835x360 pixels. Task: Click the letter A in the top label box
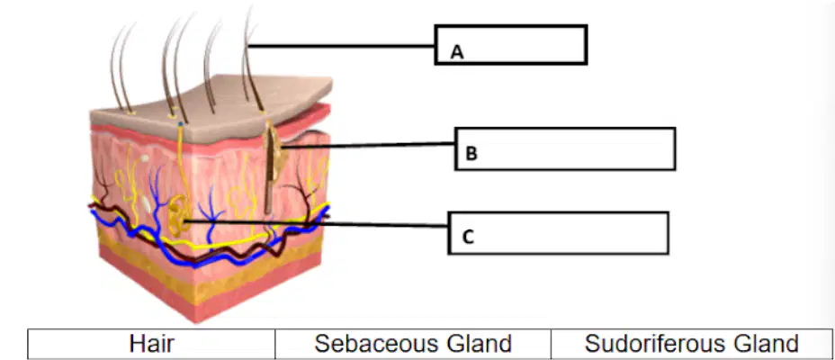457,51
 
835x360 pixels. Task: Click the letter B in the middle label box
471,153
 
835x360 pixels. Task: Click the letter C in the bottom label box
468,237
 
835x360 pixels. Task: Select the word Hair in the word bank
151,344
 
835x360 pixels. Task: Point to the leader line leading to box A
342,46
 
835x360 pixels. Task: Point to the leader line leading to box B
368,145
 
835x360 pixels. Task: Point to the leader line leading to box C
316,223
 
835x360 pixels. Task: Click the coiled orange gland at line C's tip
177,216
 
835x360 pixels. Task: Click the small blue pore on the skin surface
181,124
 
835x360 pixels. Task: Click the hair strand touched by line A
249,58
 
